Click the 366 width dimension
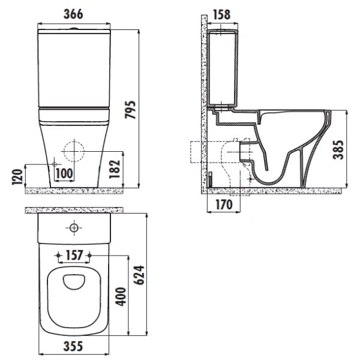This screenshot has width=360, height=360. point(73,14)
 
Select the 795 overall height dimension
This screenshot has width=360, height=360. point(130,110)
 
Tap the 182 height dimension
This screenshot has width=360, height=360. point(115,169)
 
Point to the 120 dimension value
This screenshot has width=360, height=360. point(17,176)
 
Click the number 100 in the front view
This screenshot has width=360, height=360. point(64,173)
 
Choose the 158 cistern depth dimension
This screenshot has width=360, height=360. point(221,14)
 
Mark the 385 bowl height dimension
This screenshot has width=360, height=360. point(338,149)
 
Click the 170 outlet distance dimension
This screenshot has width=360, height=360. point(224,205)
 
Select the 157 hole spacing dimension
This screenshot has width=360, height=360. point(74,255)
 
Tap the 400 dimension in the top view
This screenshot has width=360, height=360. point(121,296)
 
